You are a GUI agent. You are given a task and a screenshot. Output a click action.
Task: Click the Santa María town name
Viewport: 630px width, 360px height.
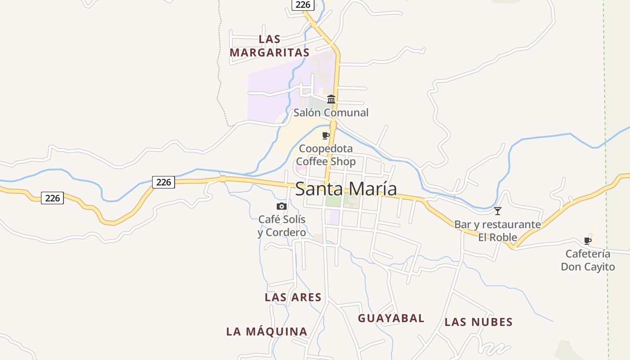[346, 189]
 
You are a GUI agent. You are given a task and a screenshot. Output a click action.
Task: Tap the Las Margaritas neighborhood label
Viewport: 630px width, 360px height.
[270, 46]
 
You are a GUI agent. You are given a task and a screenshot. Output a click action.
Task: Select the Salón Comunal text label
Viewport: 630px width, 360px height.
[331, 112]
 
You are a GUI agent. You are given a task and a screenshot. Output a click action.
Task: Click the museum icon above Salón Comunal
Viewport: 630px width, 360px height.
[331, 99]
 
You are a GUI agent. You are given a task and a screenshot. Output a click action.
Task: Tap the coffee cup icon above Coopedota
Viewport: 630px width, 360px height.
[326, 135]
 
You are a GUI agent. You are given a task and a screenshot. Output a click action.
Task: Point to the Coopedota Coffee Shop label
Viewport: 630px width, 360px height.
[326, 155]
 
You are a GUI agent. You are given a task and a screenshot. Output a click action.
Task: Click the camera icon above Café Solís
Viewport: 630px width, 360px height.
[282, 206]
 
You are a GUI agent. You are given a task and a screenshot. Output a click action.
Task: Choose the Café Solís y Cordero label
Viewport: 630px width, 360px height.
[282, 226]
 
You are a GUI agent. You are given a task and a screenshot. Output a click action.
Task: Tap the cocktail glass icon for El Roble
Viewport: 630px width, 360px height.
[498, 211]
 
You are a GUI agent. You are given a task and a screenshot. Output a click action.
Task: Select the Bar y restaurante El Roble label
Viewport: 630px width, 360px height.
[498, 230]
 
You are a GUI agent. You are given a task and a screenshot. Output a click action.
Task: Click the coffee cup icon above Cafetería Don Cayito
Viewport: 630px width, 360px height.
[588, 241]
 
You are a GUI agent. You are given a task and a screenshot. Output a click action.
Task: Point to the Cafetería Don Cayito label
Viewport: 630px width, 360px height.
[588, 260]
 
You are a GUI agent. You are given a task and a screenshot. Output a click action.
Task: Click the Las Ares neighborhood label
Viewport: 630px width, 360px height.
[293, 297]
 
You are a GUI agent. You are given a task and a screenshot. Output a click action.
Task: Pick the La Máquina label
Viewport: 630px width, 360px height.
[267, 332]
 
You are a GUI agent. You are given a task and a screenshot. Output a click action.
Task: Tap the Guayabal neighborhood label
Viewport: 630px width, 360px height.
[391, 319]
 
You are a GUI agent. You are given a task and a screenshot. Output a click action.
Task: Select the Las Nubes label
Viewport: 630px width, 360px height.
[478, 322]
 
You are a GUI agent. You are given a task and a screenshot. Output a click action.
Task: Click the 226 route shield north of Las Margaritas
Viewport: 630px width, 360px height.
[302, 4]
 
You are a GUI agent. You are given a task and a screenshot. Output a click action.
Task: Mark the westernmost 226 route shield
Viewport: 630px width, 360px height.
[52, 198]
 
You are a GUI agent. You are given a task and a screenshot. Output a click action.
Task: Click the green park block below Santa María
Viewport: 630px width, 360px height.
[333, 201]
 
